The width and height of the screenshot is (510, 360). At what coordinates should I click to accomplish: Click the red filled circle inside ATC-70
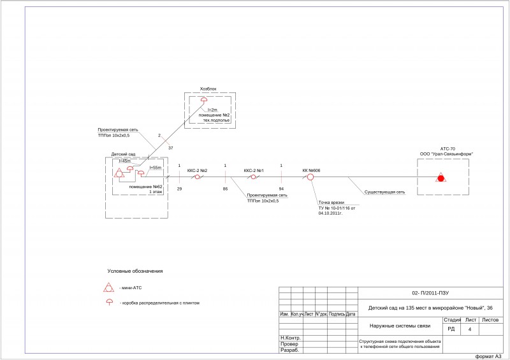(x=440, y=177)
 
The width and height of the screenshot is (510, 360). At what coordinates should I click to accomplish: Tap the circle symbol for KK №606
(x=311, y=177)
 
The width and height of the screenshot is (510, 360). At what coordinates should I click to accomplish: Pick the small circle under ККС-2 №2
(x=198, y=177)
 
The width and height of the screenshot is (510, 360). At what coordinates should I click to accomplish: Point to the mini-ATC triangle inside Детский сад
(x=119, y=174)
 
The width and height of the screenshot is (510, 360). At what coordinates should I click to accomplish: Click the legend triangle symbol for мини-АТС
(x=109, y=287)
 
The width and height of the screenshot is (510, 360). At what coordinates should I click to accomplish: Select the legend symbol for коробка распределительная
(x=109, y=301)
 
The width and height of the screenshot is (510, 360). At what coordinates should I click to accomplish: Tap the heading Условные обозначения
(x=135, y=271)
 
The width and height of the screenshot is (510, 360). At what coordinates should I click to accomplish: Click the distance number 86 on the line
(x=225, y=189)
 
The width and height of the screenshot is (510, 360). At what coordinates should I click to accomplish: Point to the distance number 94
(x=281, y=189)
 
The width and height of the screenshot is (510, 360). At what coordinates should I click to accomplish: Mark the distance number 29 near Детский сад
(x=179, y=189)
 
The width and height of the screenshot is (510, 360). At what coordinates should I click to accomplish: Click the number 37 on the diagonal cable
(x=170, y=148)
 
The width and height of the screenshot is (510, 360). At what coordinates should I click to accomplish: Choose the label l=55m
(x=156, y=167)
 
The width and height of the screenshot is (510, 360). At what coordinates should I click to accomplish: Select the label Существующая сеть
(x=384, y=192)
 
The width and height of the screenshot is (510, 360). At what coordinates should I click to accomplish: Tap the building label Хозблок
(x=208, y=89)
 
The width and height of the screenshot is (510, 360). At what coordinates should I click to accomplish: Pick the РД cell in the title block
(x=451, y=329)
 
